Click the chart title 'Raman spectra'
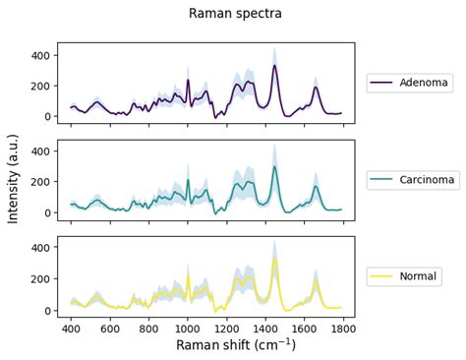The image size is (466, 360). pos(235,14)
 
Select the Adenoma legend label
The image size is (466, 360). pos(424,83)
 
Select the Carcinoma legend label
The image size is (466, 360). pos(427,180)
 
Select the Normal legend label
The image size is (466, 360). pos(420,276)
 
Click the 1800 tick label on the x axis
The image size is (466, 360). pos(342,328)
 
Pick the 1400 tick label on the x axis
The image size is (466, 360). pos(264,328)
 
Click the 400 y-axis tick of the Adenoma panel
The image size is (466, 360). pos(38,55)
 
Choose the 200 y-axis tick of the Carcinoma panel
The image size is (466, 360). pos(38,182)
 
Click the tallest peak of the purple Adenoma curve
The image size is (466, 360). pos(274,66)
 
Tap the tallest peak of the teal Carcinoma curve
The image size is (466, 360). pos(274,167)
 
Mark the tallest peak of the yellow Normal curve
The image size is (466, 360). pos(274,261)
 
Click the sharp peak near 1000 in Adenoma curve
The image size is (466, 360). pos(188,81)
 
